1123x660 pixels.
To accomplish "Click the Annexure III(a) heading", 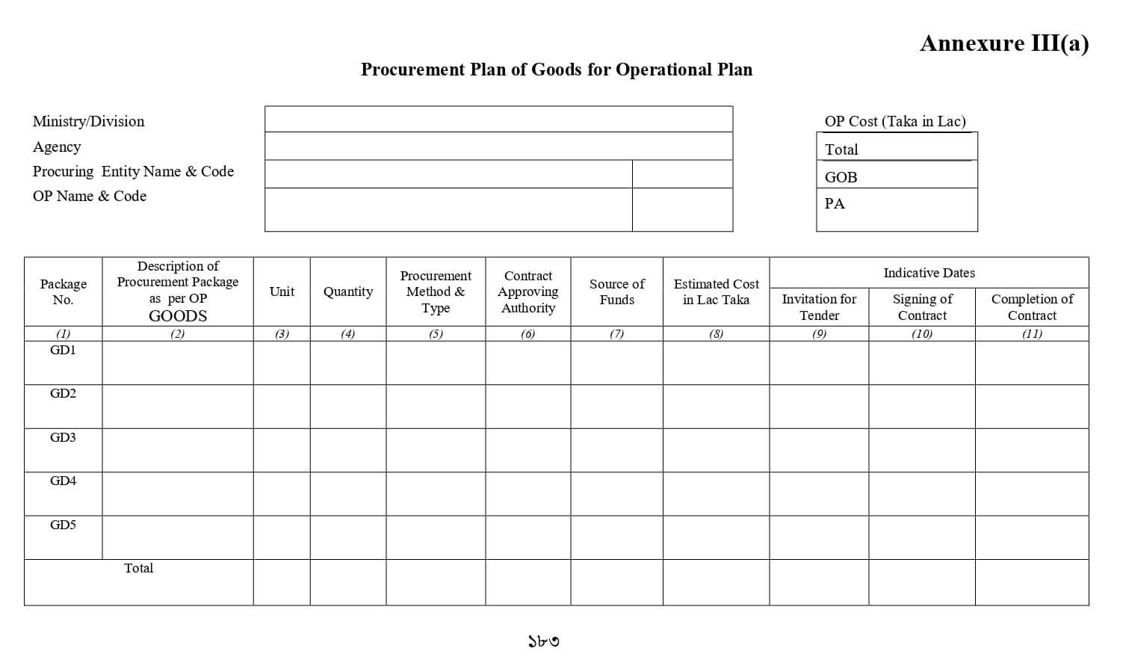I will [1003, 43].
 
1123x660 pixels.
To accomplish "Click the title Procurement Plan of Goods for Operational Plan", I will [557, 70].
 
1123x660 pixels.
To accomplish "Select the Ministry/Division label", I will [88, 121].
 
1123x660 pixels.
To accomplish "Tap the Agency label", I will [57, 147].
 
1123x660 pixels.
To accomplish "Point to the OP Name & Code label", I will [90, 196].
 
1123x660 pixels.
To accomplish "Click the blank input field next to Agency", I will [498, 147].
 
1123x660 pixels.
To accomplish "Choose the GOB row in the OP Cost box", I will [897, 177].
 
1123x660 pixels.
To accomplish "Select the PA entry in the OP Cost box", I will [897, 204].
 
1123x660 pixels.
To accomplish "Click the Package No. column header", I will [64, 292].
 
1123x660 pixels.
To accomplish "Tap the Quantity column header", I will [348, 292].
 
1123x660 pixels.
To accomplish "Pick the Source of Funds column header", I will [616, 292].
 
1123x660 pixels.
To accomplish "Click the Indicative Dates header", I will [929, 273].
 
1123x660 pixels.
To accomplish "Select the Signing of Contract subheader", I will [922, 306].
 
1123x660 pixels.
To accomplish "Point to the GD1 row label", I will [63, 350].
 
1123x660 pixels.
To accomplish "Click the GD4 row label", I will [63, 481].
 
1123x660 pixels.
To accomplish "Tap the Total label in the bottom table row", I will [138, 568].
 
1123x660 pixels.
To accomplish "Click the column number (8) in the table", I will [716, 334].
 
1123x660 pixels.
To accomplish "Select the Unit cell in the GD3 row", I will [282, 450].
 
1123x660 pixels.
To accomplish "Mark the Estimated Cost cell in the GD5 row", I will [716, 537].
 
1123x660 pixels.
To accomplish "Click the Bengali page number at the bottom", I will [543, 641].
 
